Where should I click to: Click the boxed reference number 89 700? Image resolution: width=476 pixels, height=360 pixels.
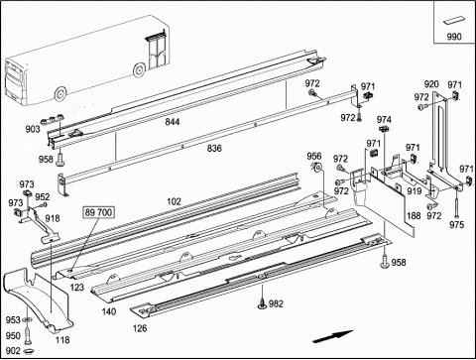(x=98, y=212)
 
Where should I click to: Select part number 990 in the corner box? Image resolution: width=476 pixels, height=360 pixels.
(x=454, y=37)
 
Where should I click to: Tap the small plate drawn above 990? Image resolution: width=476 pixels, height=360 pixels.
(x=454, y=21)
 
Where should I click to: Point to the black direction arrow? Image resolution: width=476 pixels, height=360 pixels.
(x=333, y=336)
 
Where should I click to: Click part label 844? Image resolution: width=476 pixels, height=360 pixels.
(x=173, y=122)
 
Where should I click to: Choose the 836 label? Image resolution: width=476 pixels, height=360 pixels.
(x=214, y=149)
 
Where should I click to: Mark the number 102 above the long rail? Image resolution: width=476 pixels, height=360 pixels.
(x=175, y=201)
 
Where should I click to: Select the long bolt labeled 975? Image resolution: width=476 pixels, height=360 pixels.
(x=456, y=201)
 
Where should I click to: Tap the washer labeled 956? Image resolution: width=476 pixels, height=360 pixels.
(x=318, y=168)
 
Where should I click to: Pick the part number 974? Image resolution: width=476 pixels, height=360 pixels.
(x=384, y=120)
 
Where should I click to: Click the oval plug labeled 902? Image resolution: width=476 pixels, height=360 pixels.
(x=30, y=350)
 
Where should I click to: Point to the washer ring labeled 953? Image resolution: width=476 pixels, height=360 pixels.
(x=27, y=319)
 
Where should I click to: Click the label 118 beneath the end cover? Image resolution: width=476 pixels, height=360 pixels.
(x=62, y=340)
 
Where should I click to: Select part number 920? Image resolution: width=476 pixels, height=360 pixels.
(x=431, y=84)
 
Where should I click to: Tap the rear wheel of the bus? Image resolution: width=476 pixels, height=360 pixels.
(x=60, y=94)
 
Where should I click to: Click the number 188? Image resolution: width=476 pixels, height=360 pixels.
(x=414, y=216)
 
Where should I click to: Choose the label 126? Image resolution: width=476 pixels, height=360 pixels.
(x=140, y=328)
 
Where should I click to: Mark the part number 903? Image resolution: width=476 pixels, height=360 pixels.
(x=33, y=129)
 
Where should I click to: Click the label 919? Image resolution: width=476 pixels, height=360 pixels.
(x=414, y=191)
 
